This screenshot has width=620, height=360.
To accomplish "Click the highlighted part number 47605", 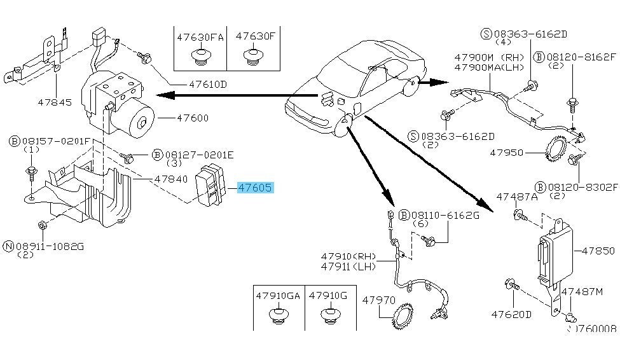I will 255,188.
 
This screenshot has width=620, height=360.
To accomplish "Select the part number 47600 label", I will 192,118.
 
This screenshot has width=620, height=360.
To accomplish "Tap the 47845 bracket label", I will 55,101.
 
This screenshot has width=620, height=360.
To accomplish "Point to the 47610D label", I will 207,84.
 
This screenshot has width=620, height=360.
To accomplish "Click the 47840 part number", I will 170,179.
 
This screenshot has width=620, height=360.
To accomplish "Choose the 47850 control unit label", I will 598,251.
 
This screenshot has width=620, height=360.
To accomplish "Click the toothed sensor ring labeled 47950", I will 557,153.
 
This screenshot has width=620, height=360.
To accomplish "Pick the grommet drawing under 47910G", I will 329,315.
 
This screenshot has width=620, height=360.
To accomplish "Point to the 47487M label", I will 581,291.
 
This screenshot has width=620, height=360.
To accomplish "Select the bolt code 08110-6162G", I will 444,216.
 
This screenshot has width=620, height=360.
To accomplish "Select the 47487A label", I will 517,197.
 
